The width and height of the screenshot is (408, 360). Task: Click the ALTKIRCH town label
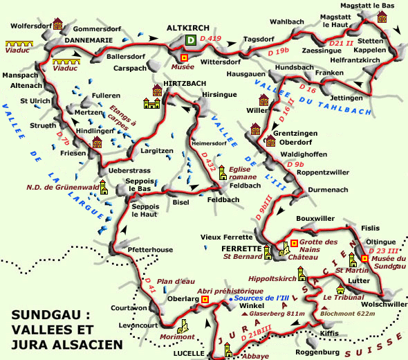pyautogui.click(x=188, y=28)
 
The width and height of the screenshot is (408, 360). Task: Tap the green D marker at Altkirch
pyautogui.click(x=191, y=41)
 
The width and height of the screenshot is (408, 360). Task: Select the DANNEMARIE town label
pyautogui.click(x=88, y=41)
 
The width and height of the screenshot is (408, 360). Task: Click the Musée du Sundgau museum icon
pyautogui.click(x=364, y=258)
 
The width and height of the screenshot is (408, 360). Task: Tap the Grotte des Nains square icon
pyautogui.click(x=295, y=242)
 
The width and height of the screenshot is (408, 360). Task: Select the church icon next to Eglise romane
pyautogui.click(x=223, y=172)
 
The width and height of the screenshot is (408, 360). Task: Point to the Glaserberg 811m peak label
pyautogui.click(x=272, y=313)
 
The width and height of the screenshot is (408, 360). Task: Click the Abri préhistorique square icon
pyautogui.click(x=205, y=299)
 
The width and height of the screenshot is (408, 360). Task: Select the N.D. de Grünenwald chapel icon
pyautogui.click(x=104, y=186)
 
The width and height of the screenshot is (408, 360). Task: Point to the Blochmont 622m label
pyautogui.click(x=348, y=313)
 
